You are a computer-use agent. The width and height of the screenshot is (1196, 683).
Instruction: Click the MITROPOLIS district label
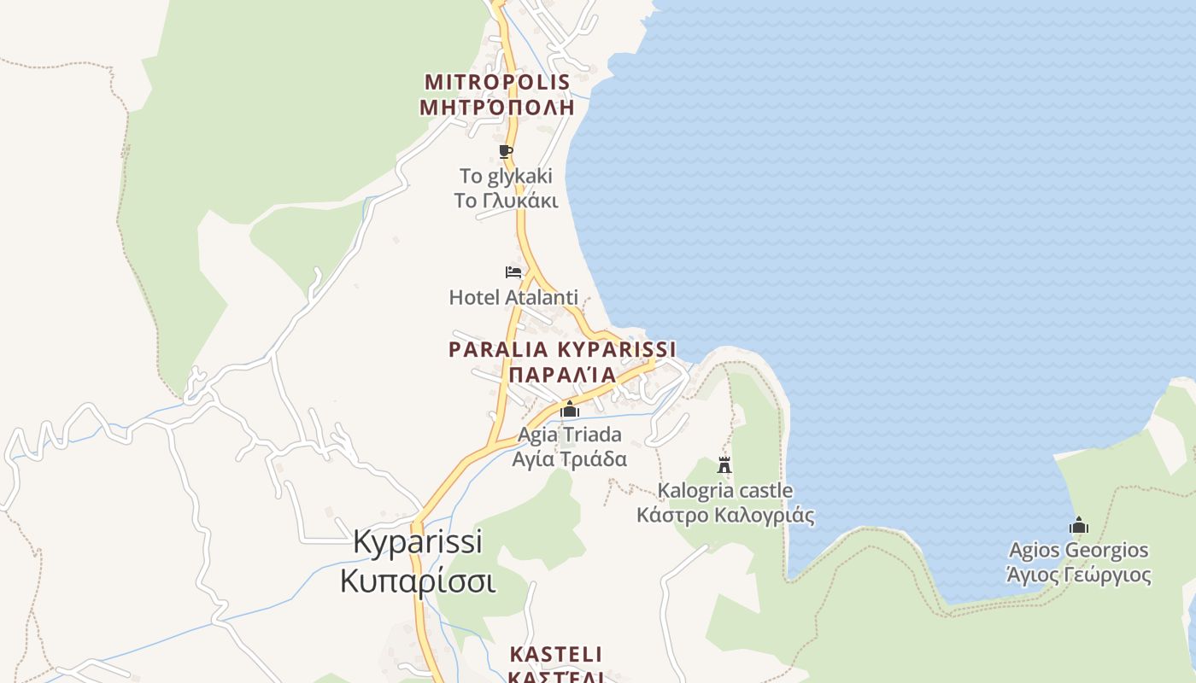(497, 82)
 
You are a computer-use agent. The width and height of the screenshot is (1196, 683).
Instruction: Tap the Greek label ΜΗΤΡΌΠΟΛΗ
(497, 107)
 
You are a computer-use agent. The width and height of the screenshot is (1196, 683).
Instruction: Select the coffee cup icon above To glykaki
(506, 152)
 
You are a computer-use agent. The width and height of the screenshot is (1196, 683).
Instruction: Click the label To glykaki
(506, 177)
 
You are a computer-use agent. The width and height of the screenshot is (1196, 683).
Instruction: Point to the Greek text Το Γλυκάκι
(506, 201)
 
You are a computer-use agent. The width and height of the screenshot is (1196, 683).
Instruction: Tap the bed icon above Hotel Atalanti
(513, 272)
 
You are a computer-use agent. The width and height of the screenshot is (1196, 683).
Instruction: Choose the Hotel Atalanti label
(513, 297)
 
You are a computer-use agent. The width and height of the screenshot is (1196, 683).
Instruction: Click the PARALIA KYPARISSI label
(562, 349)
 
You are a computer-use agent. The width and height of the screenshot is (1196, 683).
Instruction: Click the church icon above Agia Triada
(570, 410)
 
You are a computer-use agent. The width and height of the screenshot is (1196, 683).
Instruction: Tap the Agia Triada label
(570, 435)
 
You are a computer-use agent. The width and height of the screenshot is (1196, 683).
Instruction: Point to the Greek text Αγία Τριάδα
(570, 458)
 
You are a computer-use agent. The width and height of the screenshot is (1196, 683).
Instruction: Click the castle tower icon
(724, 465)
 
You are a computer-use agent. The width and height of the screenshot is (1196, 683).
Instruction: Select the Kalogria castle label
(725, 491)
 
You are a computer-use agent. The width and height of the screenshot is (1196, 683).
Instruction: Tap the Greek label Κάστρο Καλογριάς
(725, 516)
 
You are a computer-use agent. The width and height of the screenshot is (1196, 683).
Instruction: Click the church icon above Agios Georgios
(1079, 525)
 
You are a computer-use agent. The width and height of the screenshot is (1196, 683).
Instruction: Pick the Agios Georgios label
(1079, 550)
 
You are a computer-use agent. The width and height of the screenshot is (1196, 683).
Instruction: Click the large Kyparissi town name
(418, 542)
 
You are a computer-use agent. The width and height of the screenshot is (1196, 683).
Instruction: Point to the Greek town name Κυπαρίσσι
(418, 581)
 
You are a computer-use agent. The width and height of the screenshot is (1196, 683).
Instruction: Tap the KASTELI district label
(556, 655)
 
